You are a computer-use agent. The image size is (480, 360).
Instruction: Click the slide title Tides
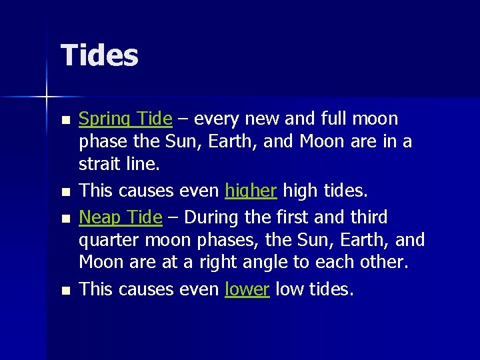tap(99, 55)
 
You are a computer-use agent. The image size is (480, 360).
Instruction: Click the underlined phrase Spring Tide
tap(125, 119)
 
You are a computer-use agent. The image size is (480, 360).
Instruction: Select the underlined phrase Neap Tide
tap(121, 217)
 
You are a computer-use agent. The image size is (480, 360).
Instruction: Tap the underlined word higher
tap(251, 191)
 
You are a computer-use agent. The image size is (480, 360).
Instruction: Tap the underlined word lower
tap(247, 289)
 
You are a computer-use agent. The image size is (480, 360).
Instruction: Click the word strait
tap(97, 164)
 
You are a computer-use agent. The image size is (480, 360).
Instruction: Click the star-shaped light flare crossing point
tap(47, 97)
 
